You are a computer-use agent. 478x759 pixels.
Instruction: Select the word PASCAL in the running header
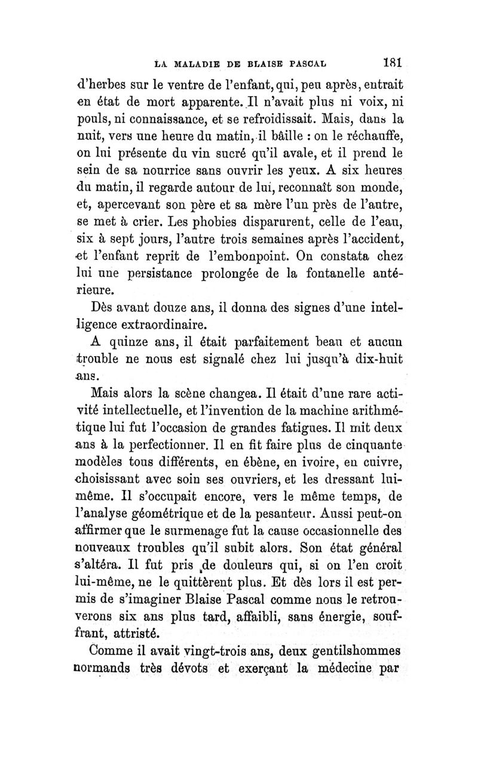[x=310, y=62]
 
